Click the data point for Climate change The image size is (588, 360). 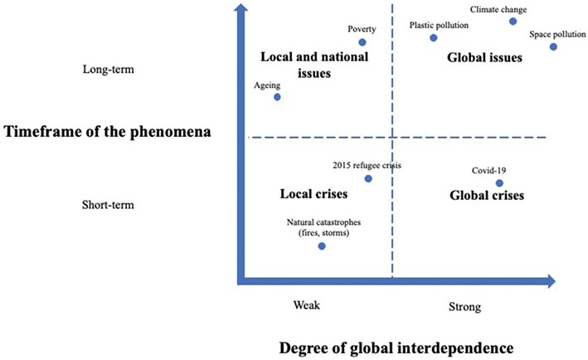(x=513, y=22)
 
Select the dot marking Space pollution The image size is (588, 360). (x=553, y=46)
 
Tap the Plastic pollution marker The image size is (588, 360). (x=433, y=37)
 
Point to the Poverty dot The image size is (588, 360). (x=362, y=42)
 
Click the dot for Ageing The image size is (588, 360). (x=277, y=97)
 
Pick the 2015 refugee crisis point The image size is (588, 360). (x=368, y=178)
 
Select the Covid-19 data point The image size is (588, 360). (x=499, y=183)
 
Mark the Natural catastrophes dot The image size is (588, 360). (x=322, y=246)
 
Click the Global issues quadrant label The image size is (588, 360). (x=484, y=59)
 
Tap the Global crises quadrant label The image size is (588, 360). (x=486, y=197)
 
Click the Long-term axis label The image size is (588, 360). (x=108, y=70)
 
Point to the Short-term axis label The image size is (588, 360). (x=109, y=205)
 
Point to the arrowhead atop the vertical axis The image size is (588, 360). (x=241, y=10)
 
